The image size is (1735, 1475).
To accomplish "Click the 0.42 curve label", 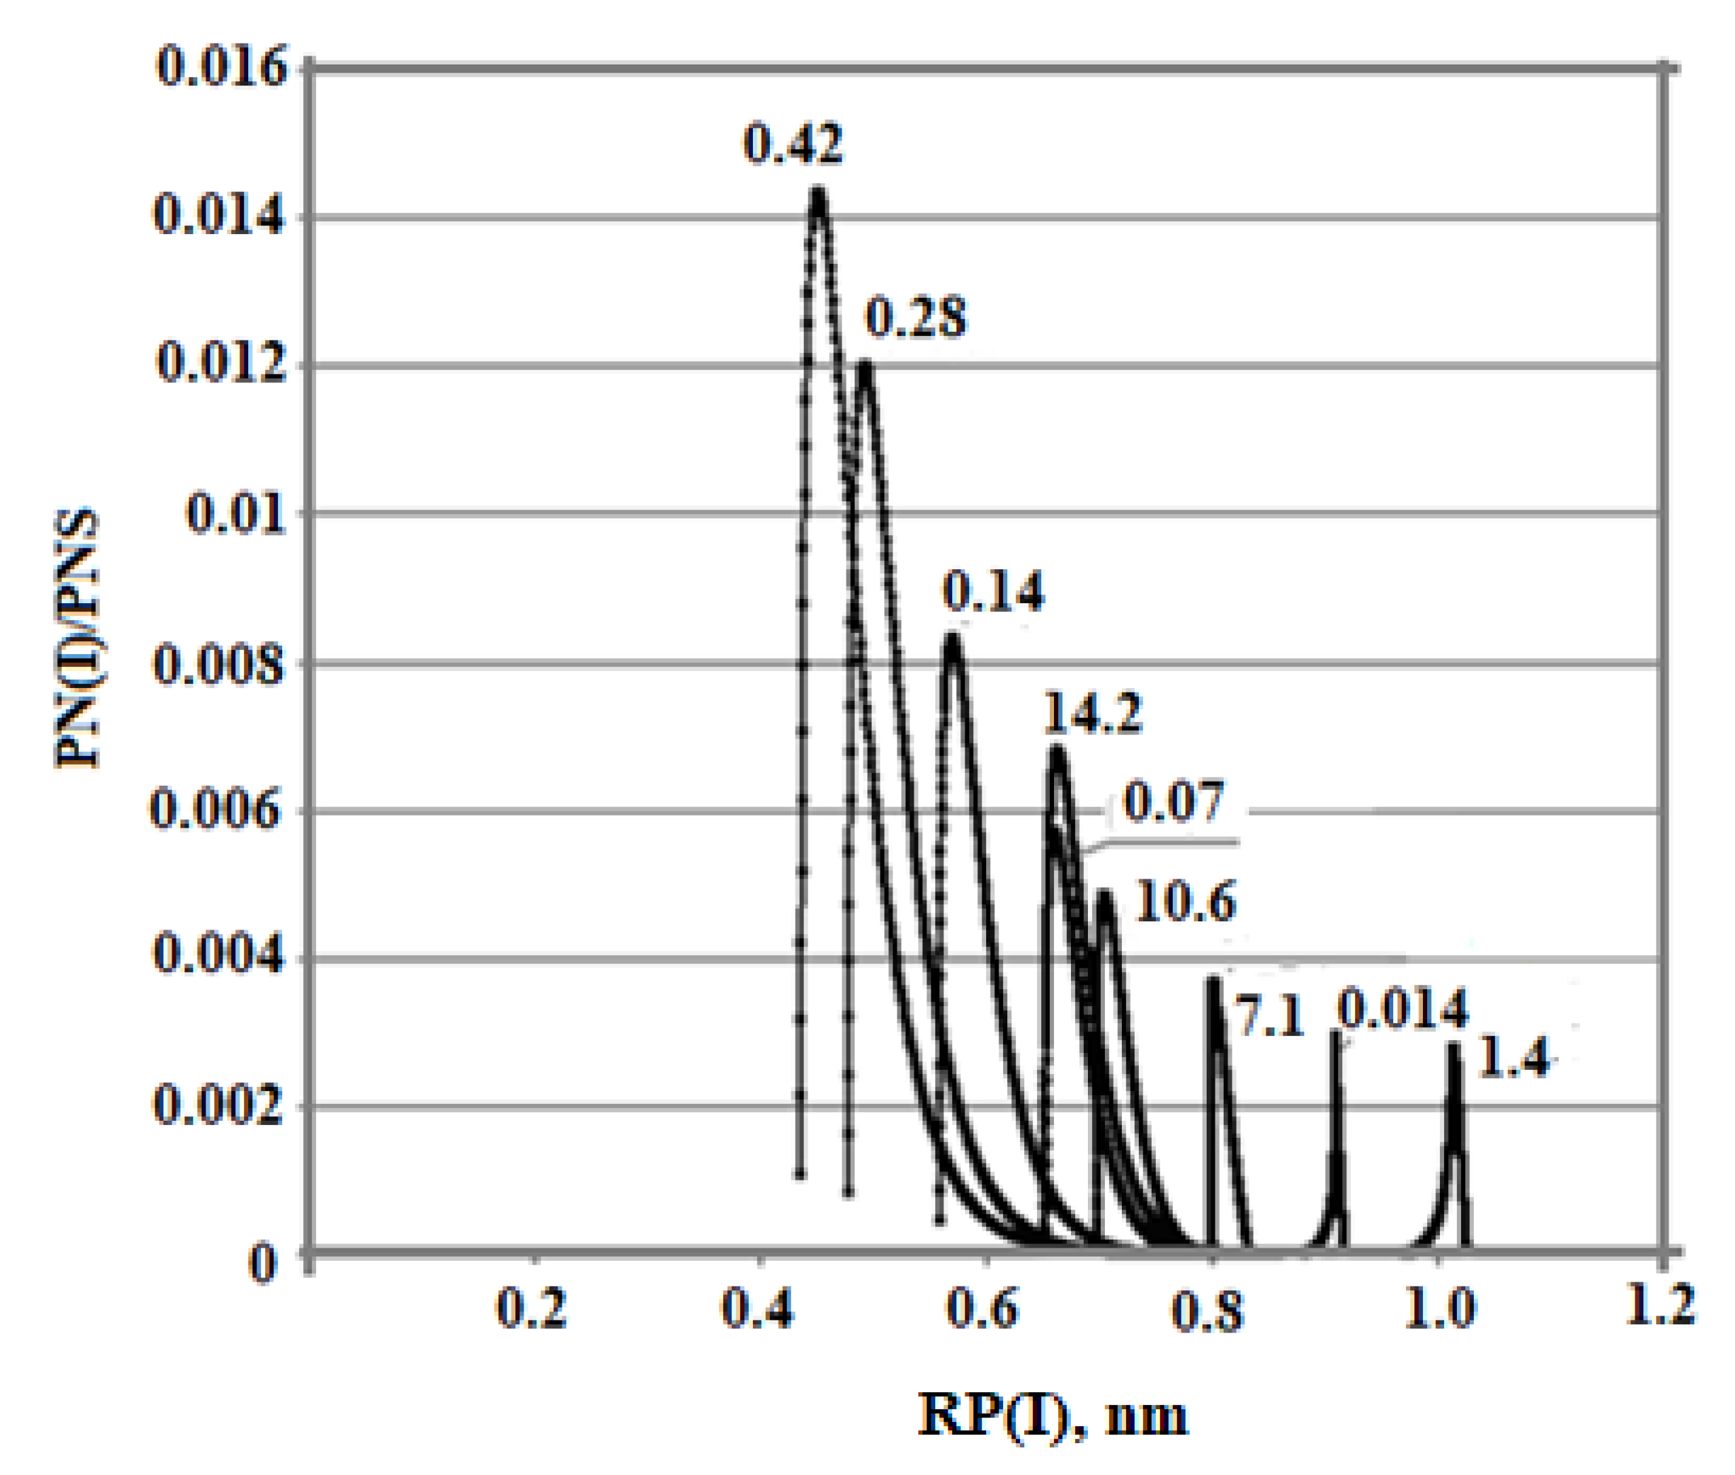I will [x=793, y=144].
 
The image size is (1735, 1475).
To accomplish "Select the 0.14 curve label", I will [x=993, y=591].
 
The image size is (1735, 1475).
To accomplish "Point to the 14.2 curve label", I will [x=1092, y=713].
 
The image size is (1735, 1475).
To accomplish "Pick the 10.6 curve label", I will [x=1185, y=903].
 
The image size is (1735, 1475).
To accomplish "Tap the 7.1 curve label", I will [x=1268, y=1018].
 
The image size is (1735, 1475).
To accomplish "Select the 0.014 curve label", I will [x=1403, y=1008].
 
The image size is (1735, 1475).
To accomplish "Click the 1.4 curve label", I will [x=1513, y=1058].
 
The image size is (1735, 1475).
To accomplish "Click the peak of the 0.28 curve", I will [x=865, y=366].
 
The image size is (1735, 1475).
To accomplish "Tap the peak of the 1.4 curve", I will [x=1454, y=1047].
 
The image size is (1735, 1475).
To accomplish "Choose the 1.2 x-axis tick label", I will [x=1660, y=1305].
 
